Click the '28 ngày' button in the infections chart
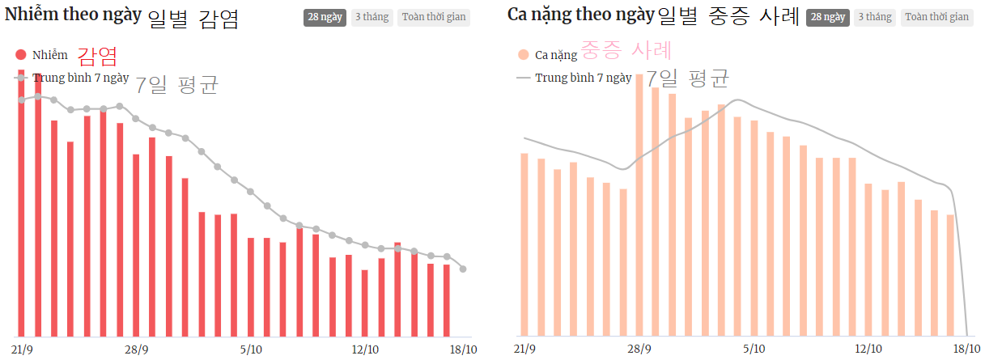point(325,17)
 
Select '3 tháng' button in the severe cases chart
point(872,17)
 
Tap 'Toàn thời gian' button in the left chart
point(433,17)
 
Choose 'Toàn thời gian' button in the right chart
point(936,17)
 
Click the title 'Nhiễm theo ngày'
point(73,15)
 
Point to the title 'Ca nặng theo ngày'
point(580,15)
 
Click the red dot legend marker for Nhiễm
point(21,55)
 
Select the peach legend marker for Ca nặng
point(523,55)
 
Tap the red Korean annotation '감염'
point(97,56)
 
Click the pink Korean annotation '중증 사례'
point(626,52)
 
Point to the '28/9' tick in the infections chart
point(136,349)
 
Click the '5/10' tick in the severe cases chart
point(754,349)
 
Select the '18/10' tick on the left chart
point(463,349)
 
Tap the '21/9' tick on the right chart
point(524,349)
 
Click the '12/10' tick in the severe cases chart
point(868,349)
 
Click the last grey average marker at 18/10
point(463,269)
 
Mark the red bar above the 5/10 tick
point(251,287)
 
